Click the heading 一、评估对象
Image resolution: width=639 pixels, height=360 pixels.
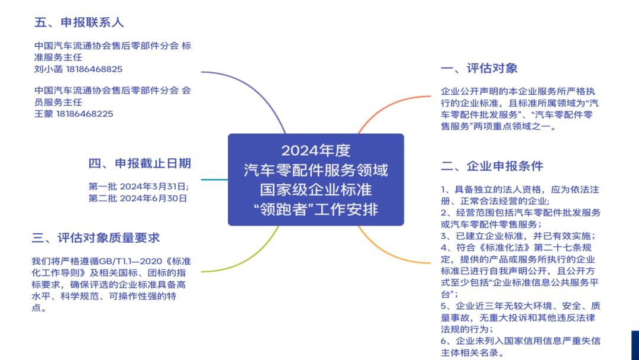(x=479, y=68)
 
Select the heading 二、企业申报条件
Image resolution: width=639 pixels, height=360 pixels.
(x=492, y=166)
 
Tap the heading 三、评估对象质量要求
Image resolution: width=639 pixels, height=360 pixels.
(x=96, y=238)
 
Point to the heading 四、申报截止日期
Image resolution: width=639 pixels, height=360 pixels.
(x=140, y=163)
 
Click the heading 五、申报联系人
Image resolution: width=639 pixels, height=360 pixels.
(x=79, y=22)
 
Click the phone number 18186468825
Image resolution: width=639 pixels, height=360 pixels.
(x=94, y=69)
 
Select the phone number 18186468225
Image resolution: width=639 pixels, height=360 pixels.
(x=85, y=114)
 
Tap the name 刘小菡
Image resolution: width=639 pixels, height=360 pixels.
(x=49, y=69)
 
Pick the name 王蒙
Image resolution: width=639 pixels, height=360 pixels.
(x=44, y=114)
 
